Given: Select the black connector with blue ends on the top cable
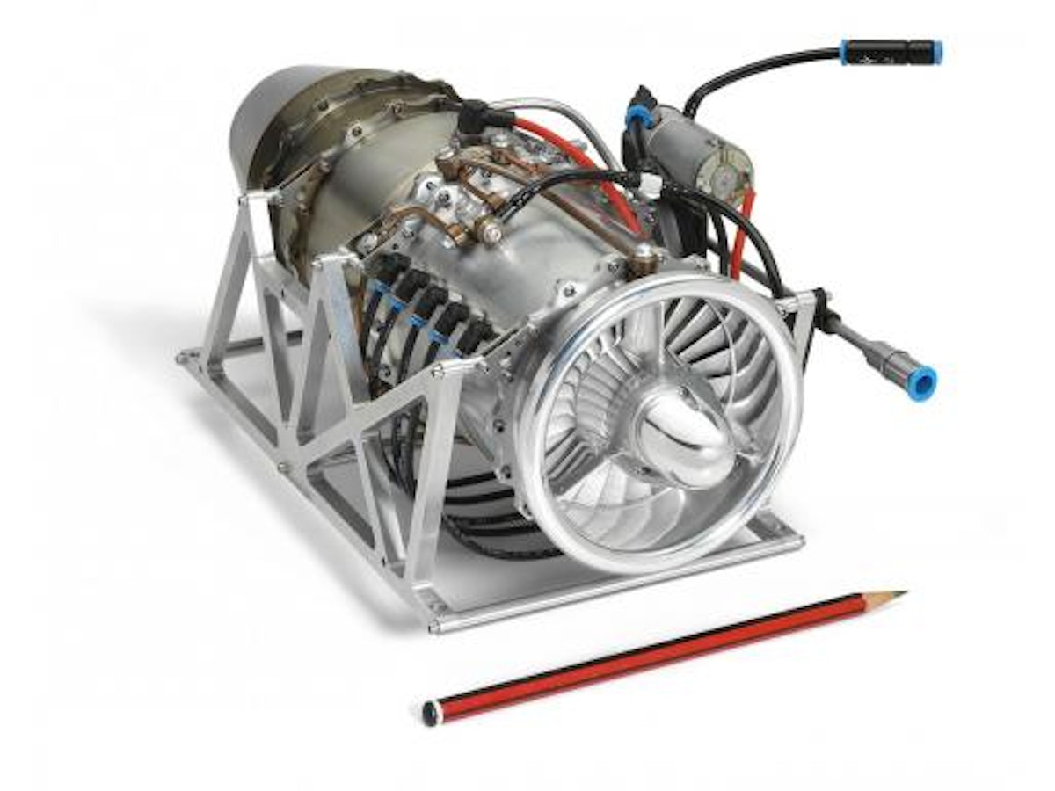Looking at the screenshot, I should [x=891, y=52].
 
